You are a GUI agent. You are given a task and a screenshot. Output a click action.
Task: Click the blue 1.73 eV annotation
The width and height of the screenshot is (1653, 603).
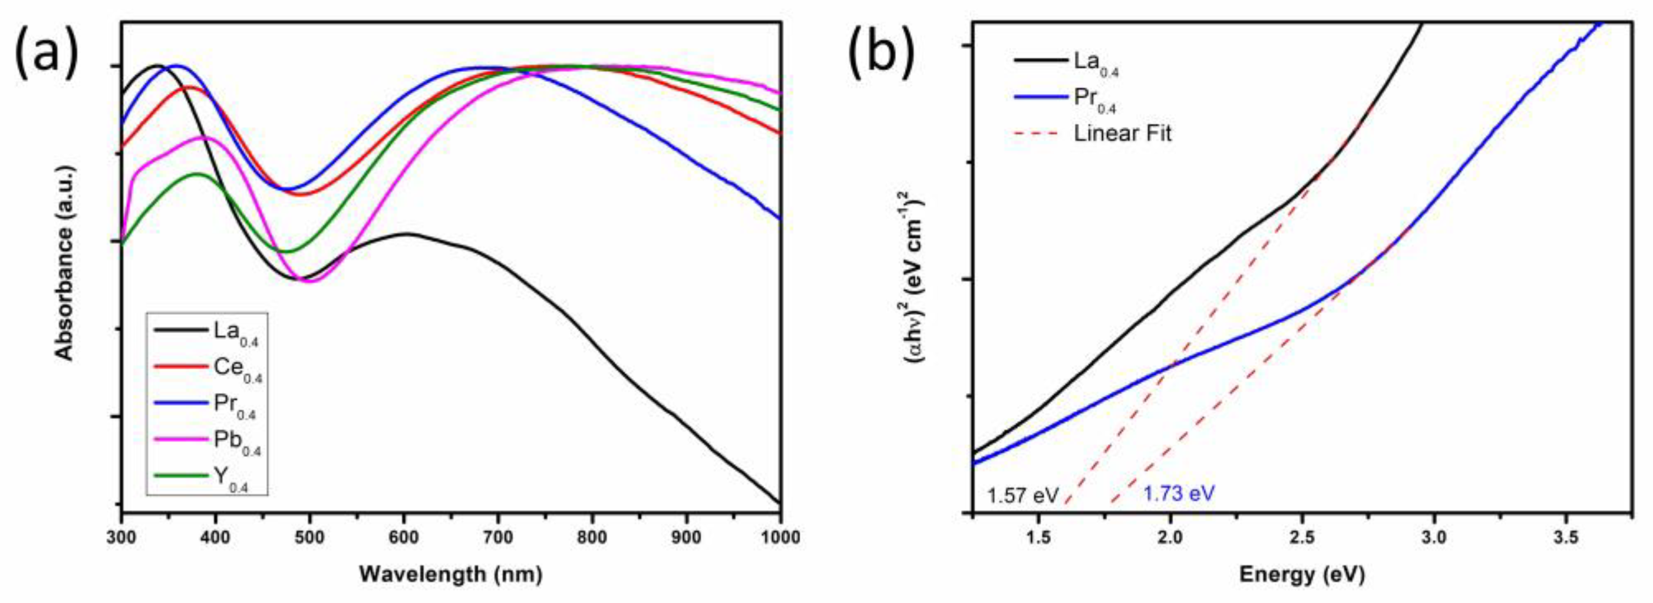click(1179, 493)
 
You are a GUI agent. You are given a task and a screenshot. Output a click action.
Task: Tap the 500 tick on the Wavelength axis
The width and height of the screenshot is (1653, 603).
click(310, 537)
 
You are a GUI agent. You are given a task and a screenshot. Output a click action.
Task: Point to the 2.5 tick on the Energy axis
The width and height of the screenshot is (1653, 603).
click(1302, 537)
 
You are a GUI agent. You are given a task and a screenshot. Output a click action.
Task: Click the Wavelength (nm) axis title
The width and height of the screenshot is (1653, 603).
click(450, 574)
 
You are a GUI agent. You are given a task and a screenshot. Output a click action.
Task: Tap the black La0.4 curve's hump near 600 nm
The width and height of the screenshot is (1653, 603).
click(406, 234)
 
